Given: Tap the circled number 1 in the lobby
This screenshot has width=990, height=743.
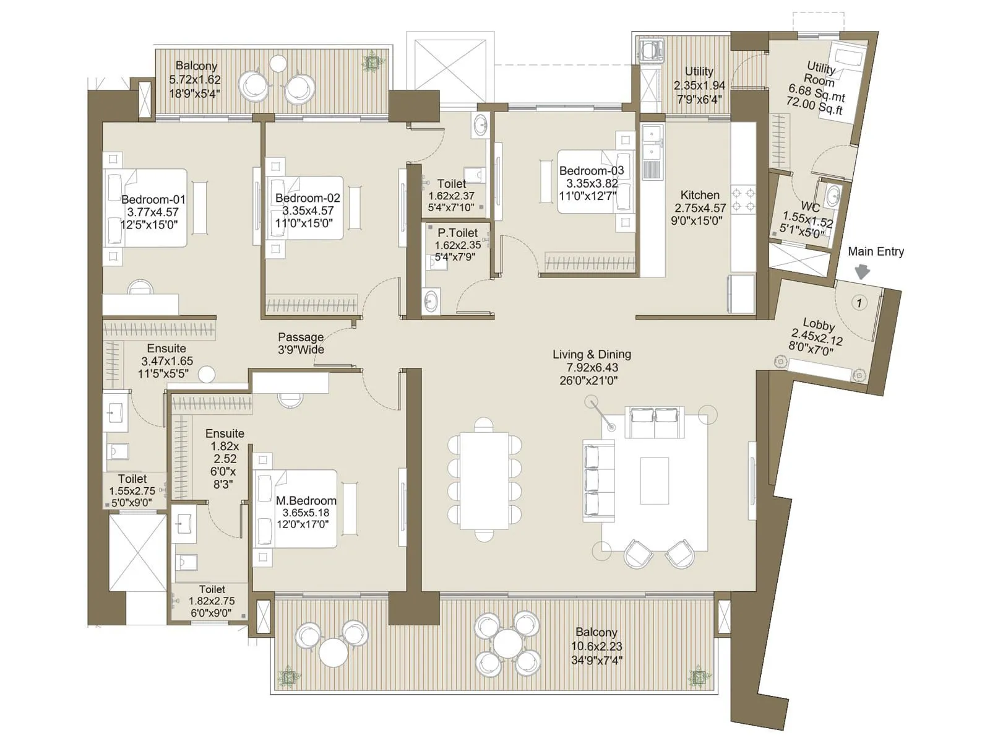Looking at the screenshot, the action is pos(859,303).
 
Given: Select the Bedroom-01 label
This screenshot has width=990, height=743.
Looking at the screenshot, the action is pos(153,199).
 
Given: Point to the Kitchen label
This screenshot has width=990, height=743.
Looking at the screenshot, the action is pos(700,195).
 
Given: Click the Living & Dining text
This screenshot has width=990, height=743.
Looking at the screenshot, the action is pos(592,354).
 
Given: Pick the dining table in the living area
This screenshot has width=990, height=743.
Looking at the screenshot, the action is pos(484,480).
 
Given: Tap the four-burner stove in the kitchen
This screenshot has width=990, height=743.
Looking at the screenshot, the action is pos(743,199).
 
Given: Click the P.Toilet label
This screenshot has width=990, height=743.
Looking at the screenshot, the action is pos(457,233).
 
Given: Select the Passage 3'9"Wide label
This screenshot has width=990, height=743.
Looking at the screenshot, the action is pos(301,343).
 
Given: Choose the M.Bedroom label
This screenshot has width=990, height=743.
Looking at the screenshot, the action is pos(306,500).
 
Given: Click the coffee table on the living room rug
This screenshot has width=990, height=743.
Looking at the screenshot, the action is pos(654,481).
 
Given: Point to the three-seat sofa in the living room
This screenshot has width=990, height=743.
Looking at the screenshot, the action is pos(598,481).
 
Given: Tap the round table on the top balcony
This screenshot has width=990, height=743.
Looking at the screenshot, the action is pos(278,63).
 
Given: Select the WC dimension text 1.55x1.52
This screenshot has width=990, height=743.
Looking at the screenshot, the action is pos(807,220).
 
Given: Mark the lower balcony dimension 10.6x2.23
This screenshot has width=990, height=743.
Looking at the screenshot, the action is pos(596,646).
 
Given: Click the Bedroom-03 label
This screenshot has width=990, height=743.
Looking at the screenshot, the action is pos(592,170).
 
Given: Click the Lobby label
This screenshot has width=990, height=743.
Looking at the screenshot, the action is pos(819,324).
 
